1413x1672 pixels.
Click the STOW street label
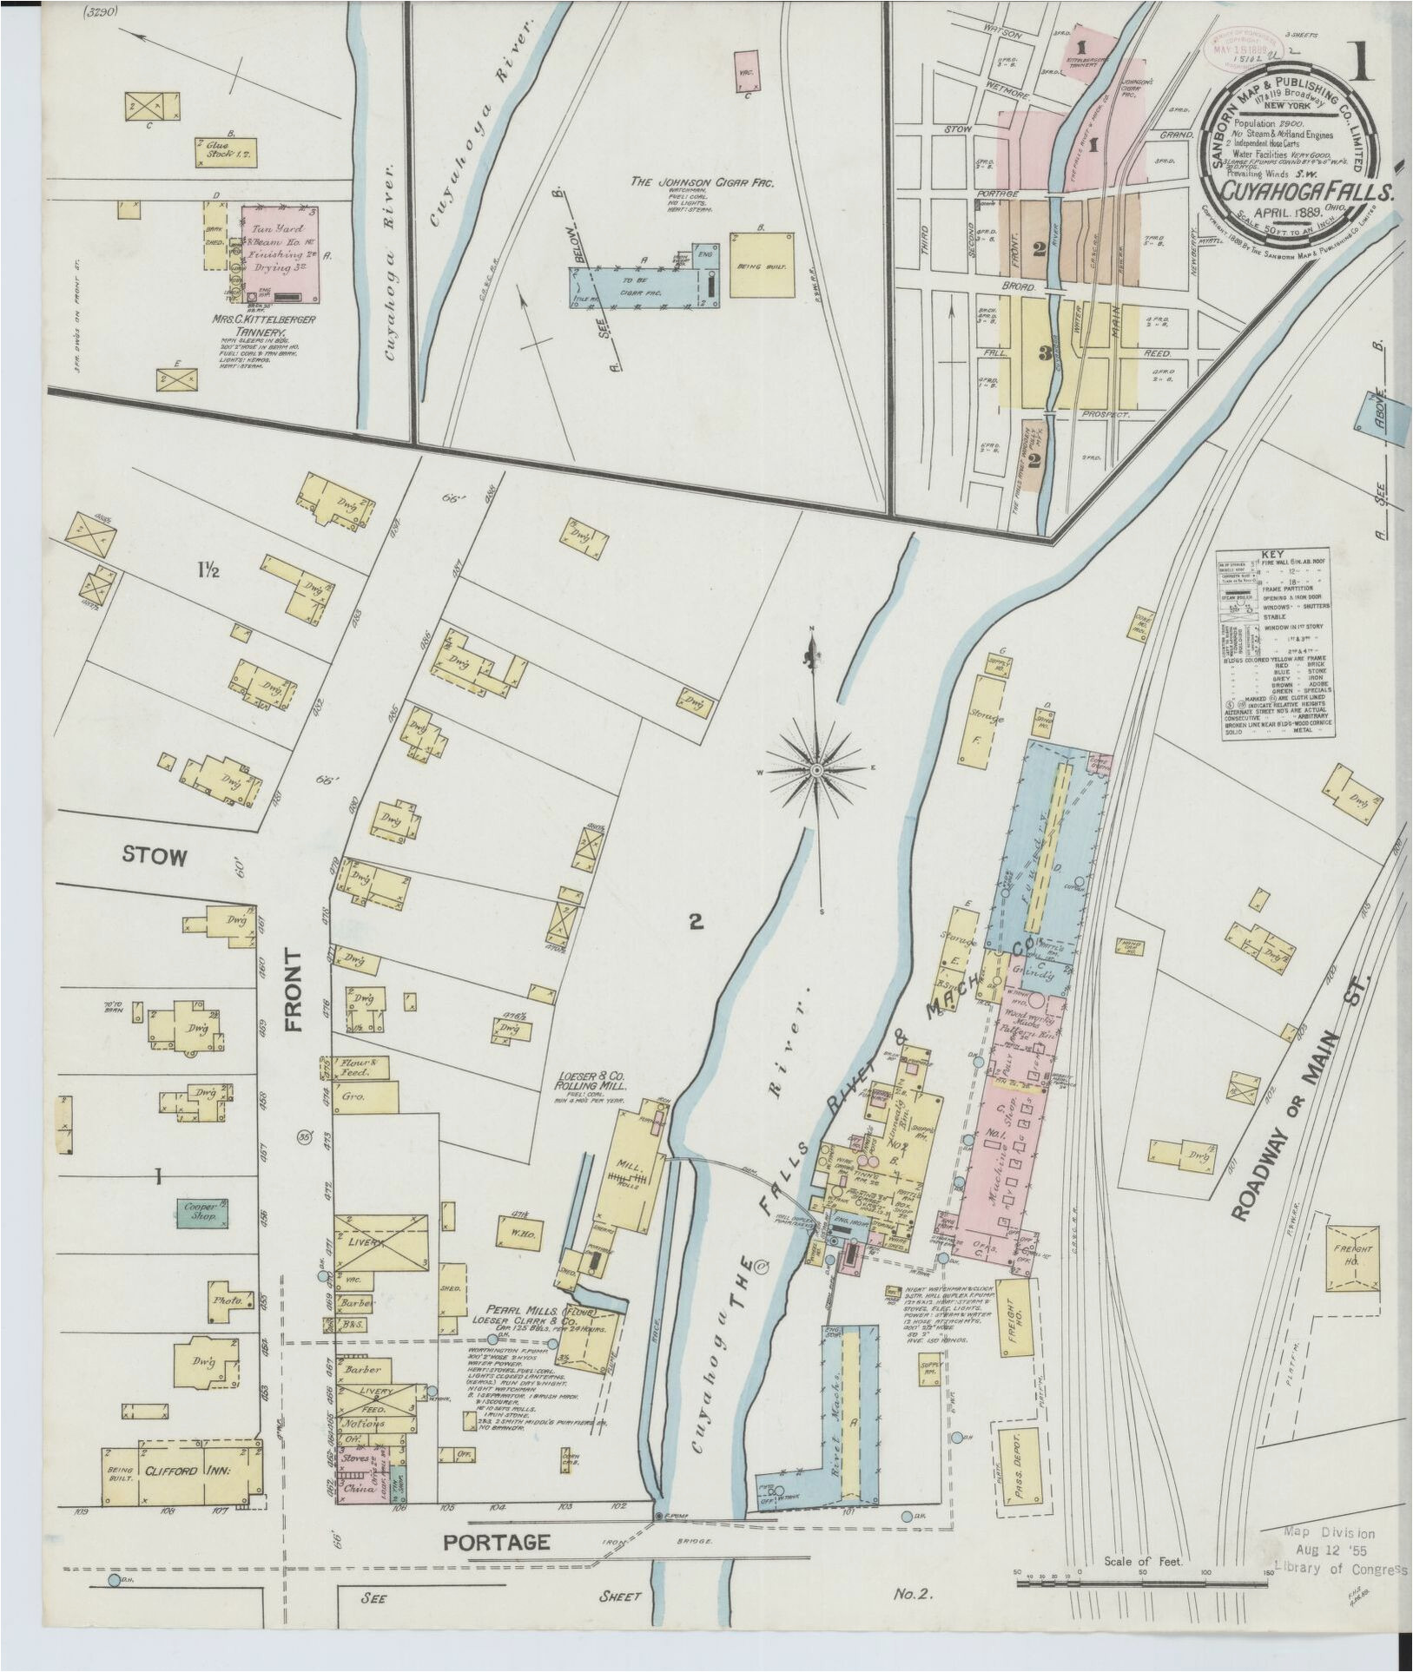pyautogui.click(x=154, y=857)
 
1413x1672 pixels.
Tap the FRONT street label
pyautogui.click(x=293, y=990)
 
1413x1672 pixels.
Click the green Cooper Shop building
pyautogui.click(x=202, y=1213)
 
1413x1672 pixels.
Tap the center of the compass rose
pyautogui.click(x=817, y=770)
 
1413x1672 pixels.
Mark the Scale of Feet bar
pyautogui.click(x=1142, y=1582)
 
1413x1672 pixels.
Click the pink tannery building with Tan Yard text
pyautogui.click(x=278, y=254)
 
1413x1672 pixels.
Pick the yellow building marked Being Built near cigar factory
pyautogui.click(x=763, y=265)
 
